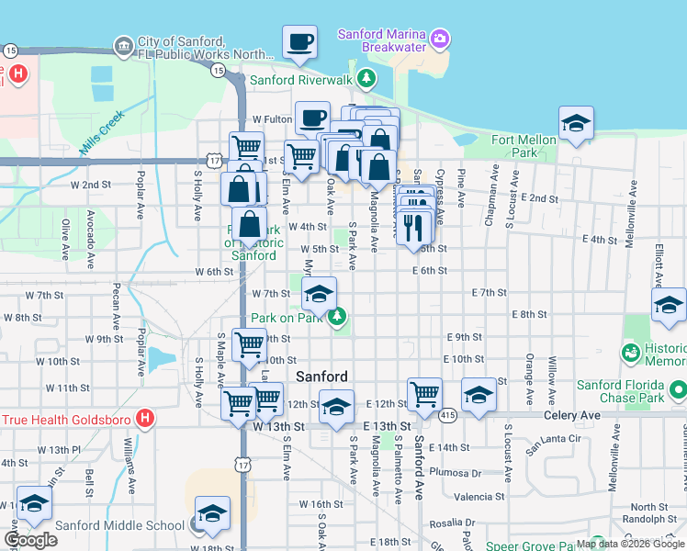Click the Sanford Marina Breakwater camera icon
point(440,38)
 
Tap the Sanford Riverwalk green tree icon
point(366,79)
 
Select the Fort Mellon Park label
point(524,146)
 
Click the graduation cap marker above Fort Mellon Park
point(576,123)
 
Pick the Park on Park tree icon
point(337,317)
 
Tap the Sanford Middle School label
point(119,526)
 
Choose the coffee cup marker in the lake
point(299,42)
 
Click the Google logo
point(30,540)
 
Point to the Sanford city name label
point(321,377)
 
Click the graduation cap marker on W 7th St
point(319,294)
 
